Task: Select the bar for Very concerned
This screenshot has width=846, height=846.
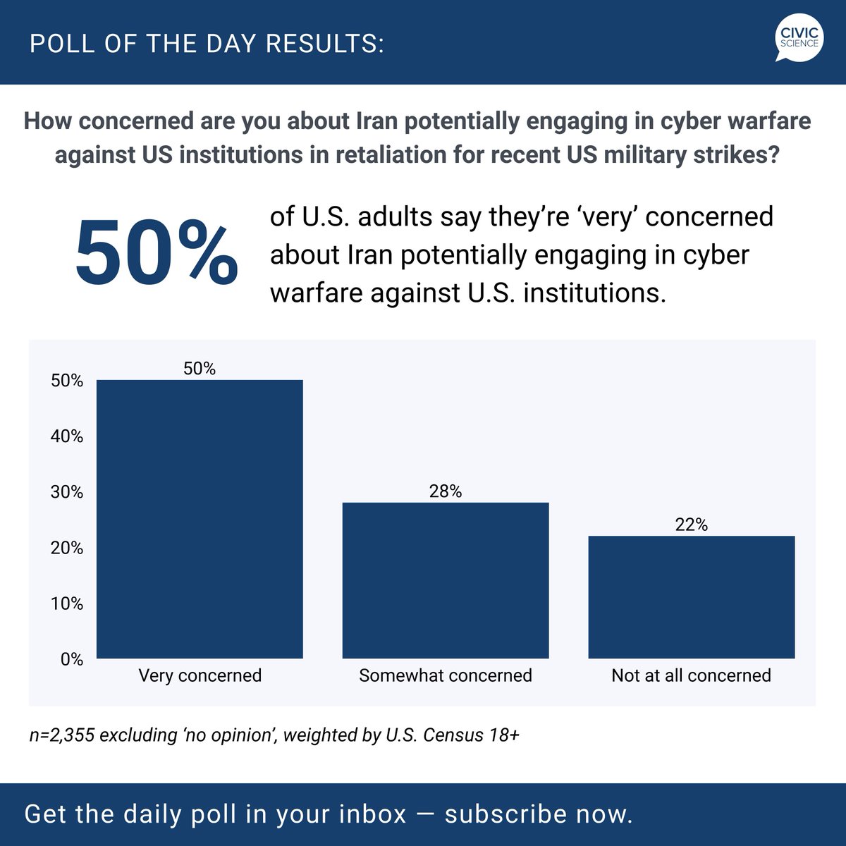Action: tap(200, 519)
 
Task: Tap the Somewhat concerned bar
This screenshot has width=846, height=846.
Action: tap(446, 580)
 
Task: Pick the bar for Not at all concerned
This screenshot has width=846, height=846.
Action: tap(692, 597)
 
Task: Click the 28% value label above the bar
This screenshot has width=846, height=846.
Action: tap(446, 491)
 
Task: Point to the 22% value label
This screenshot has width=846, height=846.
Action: tap(692, 525)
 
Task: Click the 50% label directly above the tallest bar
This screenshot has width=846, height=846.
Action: tap(200, 369)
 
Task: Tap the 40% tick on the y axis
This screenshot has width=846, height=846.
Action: tap(67, 436)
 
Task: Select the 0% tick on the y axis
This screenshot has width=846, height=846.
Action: tap(72, 659)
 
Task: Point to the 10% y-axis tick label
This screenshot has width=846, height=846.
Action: tap(67, 603)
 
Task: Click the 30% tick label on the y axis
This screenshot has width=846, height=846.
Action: tap(67, 492)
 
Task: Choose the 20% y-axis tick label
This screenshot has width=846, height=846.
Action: tap(67, 548)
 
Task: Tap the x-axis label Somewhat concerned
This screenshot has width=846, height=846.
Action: tap(446, 675)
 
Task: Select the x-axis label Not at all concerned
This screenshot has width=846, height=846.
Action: tap(692, 675)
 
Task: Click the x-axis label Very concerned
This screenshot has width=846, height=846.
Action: tap(200, 675)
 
